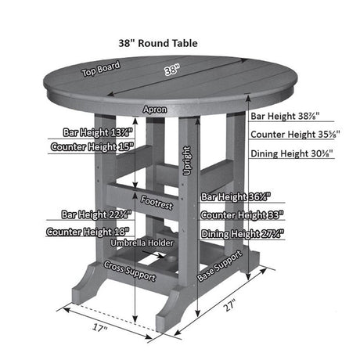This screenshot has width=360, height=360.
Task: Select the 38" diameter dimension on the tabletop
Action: point(172,69)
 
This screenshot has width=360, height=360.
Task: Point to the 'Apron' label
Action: point(154,110)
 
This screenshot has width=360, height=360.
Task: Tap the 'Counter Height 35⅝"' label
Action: point(292,135)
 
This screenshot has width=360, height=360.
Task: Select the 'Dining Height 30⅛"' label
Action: point(292,153)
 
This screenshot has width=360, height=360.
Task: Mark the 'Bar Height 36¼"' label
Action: point(236,197)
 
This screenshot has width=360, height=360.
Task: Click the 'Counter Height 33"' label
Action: point(242,214)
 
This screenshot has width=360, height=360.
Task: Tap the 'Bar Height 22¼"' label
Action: point(96,214)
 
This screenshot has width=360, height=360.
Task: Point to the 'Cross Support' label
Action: point(131,272)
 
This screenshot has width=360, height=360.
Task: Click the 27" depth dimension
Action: point(229,306)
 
